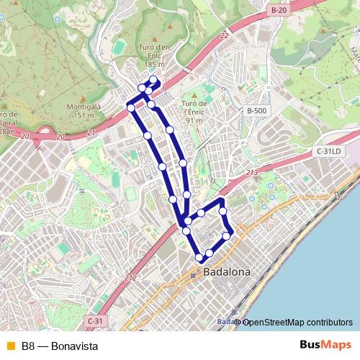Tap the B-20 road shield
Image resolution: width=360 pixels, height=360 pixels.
pyautogui.click(x=279, y=10)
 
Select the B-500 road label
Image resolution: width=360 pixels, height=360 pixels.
pyautogui.click(x=256, y=111)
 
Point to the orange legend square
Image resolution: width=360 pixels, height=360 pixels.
pyautogui.click(x=9, y=346)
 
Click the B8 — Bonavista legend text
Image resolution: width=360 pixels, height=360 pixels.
pyautogui.click(x=60, y=346)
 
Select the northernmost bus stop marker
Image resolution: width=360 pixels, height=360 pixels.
pyautogui.click(x=153, y=80)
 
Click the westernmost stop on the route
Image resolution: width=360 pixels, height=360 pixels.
pyautogui.click(x=130, y=107)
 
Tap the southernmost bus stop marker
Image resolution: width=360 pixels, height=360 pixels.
pyautogui.click(x=199, y=257)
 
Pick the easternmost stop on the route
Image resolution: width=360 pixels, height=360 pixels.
pyautogui.click(x=227, y=235)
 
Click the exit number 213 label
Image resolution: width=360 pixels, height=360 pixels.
pyautogui.click(x=251, y=173)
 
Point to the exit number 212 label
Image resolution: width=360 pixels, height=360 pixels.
pyautogui.click(x=130, y=278)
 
